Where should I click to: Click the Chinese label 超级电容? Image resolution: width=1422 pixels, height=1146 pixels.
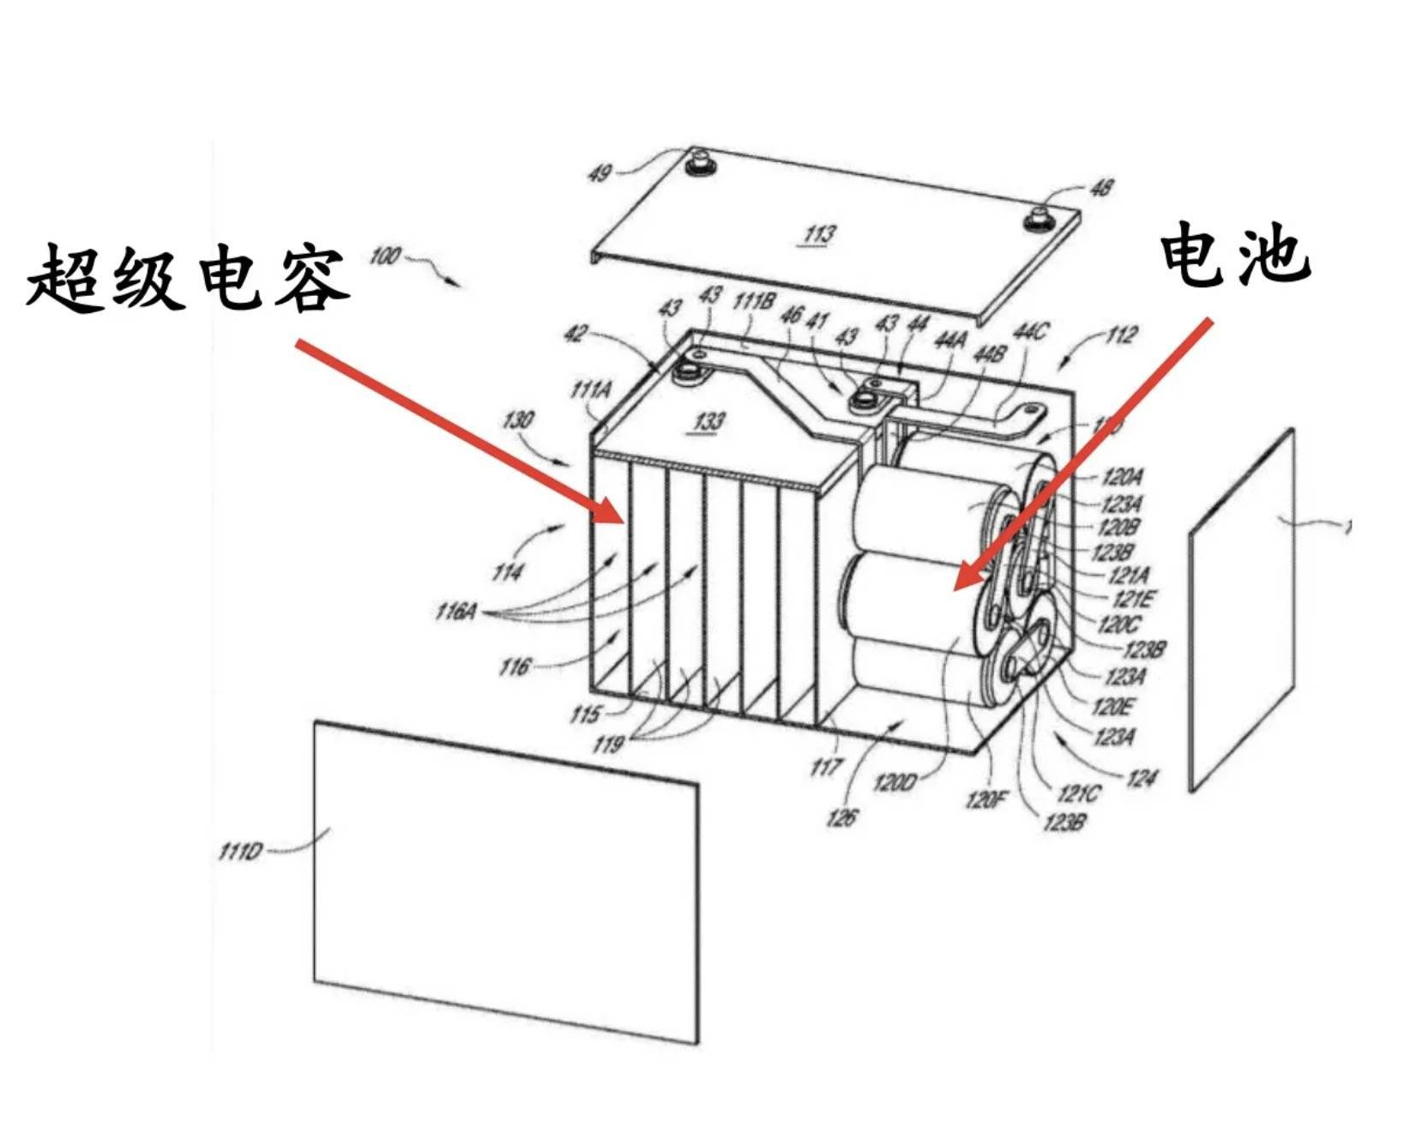pos(187,277)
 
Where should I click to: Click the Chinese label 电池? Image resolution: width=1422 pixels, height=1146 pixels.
pos(1234,255)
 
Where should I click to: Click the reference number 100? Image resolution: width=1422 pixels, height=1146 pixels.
pos(385,256)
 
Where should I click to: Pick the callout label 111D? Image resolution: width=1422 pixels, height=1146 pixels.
pos(239,852)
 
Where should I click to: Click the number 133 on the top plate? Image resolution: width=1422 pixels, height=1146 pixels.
pos(708,420)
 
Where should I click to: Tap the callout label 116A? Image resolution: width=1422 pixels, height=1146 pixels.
pos(455,612)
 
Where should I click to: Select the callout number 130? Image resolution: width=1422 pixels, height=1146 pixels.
pos(518,419)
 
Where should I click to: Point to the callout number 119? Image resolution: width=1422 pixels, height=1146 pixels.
pos(607,744)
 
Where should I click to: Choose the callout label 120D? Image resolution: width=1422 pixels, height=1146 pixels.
pos(895,781)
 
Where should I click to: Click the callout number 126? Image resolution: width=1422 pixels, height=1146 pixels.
pos(841,817)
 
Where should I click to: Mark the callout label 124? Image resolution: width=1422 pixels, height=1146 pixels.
pos(1141,778)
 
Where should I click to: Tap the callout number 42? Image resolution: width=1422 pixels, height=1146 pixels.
pos(575,334)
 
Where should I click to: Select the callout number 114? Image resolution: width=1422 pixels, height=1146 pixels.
pos(507,571)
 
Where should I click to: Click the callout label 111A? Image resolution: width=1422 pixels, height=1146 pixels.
pos(591,390)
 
